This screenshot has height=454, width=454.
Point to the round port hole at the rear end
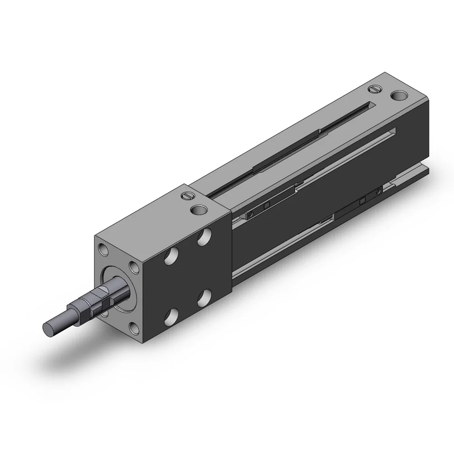click(399, 96)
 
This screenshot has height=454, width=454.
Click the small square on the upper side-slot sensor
click(266, 206)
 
